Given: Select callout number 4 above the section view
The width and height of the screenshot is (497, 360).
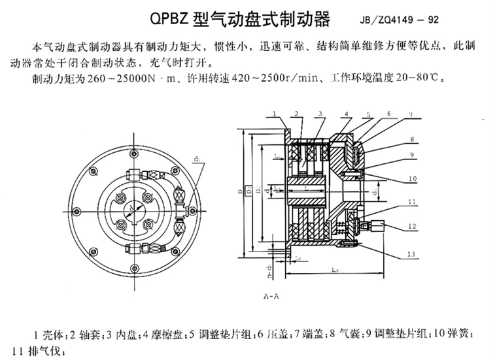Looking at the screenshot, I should click(x=345, y=114).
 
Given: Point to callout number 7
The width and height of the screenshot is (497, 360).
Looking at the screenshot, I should click(x=411, y=116).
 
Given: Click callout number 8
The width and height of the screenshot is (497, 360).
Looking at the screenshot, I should click(x=411, y=140).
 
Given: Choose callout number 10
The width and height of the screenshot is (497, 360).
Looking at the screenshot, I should click(x=411, y=178).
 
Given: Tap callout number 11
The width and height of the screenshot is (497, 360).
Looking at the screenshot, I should click(x=411, y=203).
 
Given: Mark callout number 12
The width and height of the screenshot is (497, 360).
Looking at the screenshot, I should click(x=411, y=226).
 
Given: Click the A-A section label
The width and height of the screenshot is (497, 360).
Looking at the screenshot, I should click(x=272, y=296).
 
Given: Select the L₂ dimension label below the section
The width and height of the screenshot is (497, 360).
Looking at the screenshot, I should click(x=334, y=269).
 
